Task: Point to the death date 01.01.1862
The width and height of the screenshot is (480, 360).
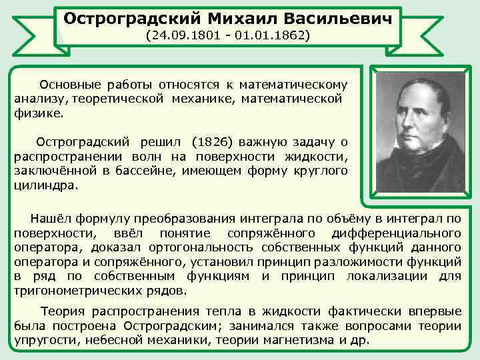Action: (x=273, y=33)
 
